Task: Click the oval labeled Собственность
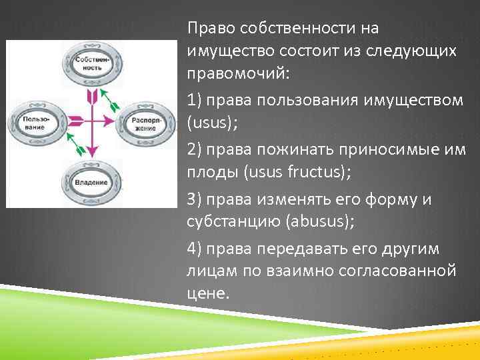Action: click(x=91, y=65)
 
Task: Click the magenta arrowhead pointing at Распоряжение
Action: click(x=111, y=121)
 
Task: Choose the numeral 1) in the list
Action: click(x=195, y=99)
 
